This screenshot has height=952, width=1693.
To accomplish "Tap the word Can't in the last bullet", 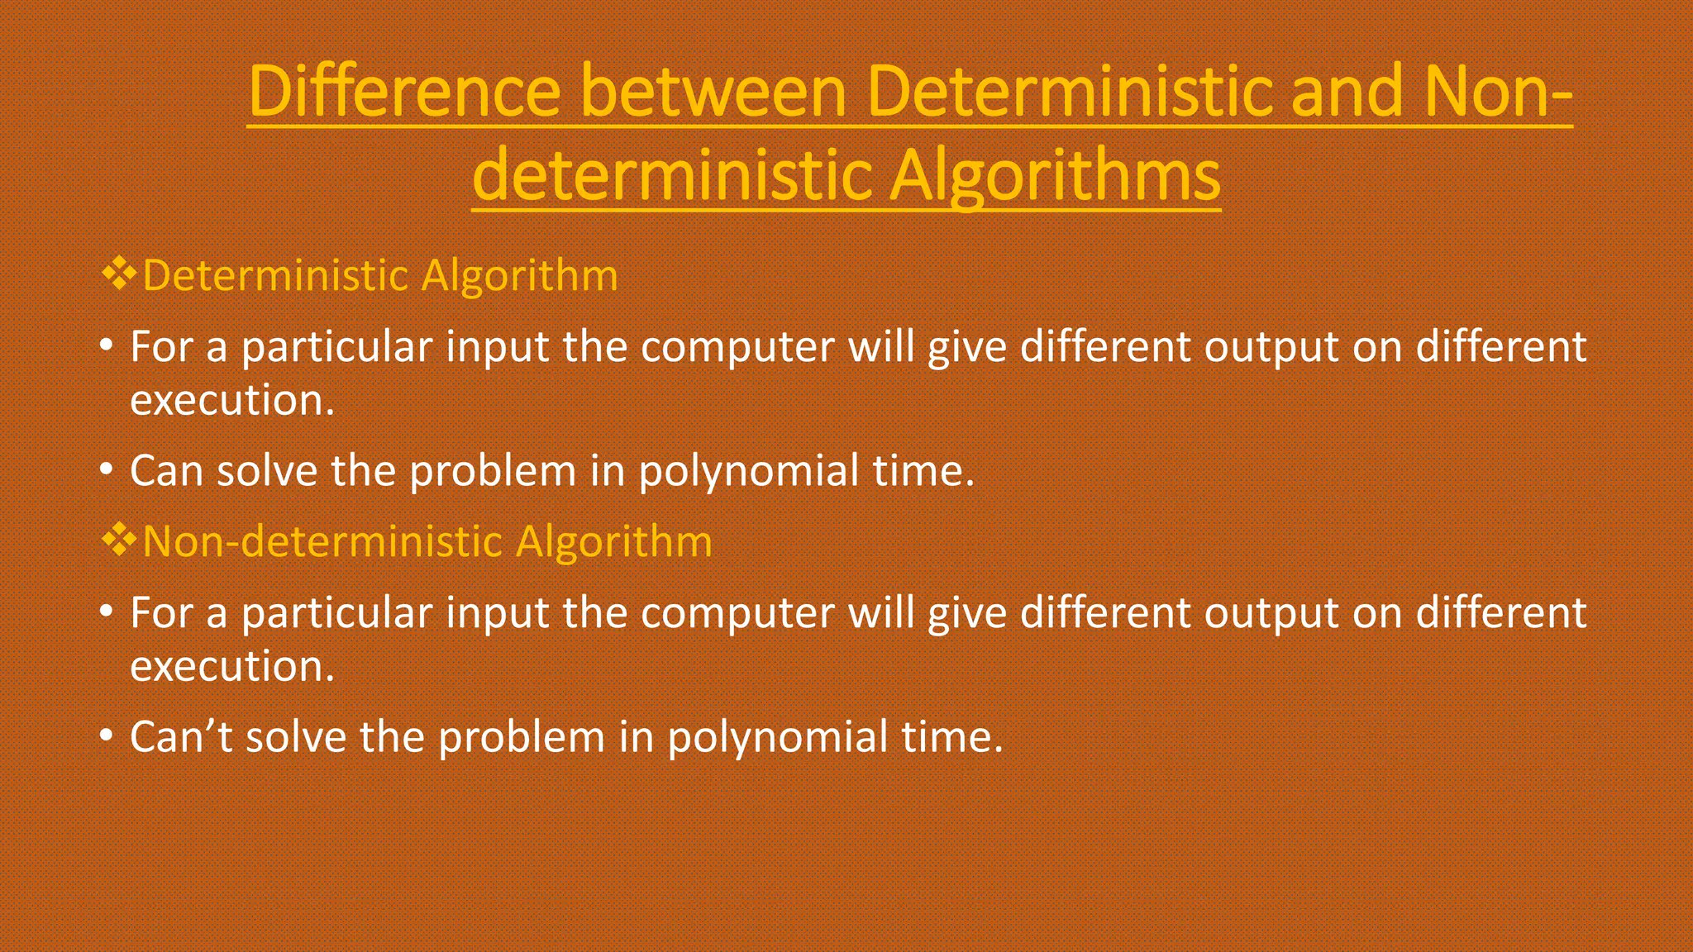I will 181,736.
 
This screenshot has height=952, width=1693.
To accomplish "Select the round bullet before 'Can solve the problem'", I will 106,469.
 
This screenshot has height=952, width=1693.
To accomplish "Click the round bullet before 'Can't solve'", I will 106,735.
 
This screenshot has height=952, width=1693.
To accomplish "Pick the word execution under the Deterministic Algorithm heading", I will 231,401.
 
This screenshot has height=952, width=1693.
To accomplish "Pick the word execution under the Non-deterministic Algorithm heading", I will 231,667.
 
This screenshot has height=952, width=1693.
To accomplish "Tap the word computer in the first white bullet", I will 737,347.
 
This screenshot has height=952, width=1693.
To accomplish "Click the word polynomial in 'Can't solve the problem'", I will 776,738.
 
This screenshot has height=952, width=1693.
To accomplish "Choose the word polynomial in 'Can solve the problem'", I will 748,472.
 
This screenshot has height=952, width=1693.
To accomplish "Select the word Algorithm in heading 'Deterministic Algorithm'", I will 519,275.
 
